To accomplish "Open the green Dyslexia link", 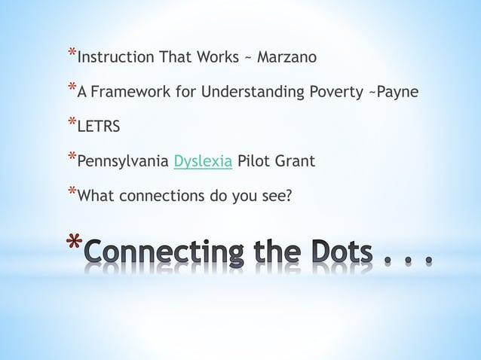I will coord(203,161).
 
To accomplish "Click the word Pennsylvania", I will coord(124,161).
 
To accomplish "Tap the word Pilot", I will coord(253,161).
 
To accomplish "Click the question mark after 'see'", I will coord(289,196).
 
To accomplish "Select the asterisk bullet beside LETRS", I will coord(72,122).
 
